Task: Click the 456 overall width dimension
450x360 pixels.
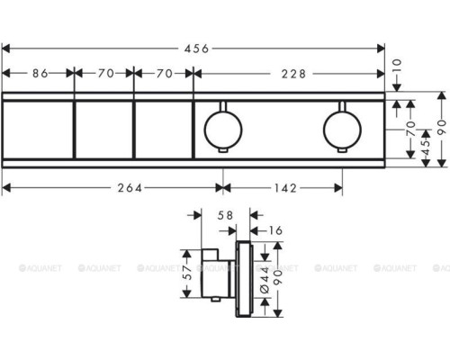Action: pyautogui.click(x=194, y=49)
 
